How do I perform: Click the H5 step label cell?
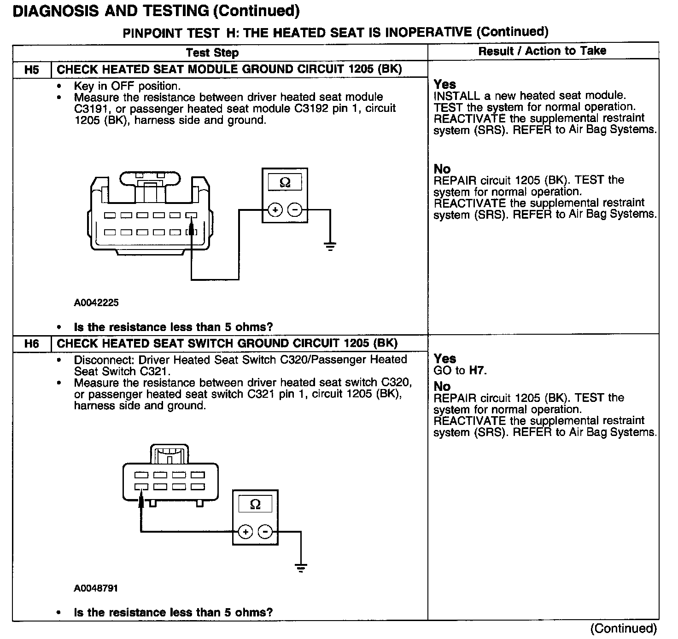(32, 70)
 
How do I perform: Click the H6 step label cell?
(32, 344)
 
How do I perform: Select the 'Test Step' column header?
(212, 52)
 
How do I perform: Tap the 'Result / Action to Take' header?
(542, 51)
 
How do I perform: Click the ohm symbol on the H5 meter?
(285, 183)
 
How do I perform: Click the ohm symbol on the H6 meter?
(255, 504)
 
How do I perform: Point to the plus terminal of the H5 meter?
(275, 210)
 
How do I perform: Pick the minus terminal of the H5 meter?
(295, 210)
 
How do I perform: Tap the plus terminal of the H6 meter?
(245, 532)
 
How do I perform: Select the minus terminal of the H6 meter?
(265, 532)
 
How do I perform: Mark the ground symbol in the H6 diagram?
(301, 568)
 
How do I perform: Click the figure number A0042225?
(96, 302)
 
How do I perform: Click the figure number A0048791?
(96, 588)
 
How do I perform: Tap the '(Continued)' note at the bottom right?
(623, 628)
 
